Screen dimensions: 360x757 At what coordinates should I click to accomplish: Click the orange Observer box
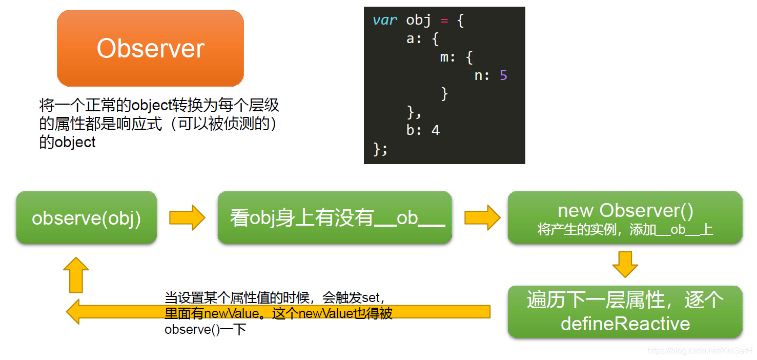150,48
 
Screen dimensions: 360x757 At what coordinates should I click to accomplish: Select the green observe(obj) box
86,218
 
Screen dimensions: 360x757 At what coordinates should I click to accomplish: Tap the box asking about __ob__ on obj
335,218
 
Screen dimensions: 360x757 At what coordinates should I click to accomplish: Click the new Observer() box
625,218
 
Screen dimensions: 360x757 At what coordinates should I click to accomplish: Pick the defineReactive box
625,312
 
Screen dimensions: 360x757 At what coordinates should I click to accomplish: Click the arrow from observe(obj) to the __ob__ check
187,218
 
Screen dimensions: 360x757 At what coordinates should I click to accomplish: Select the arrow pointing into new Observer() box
482,218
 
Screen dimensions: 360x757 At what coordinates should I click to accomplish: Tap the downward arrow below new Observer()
625,264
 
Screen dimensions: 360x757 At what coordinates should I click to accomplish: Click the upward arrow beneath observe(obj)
76,274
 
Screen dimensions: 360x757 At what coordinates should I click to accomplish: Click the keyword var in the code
385,21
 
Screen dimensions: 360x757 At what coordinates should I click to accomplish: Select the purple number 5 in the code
503,76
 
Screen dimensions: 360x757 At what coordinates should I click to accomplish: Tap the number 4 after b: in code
436,130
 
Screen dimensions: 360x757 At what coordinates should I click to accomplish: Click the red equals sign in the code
444,21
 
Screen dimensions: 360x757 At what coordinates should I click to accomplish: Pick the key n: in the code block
482,76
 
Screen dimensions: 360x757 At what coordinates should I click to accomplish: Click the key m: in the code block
448,57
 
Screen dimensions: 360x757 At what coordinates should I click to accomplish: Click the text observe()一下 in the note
205,329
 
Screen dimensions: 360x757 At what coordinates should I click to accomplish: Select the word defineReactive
625,324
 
